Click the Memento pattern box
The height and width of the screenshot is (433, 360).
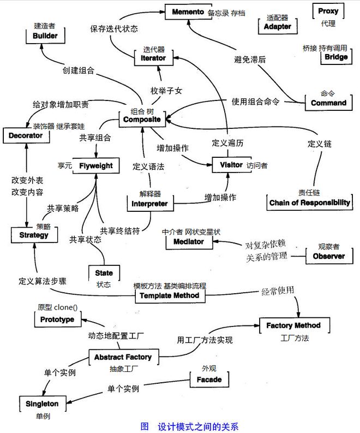click(188, 11)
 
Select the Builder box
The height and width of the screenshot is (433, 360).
click(45, 35)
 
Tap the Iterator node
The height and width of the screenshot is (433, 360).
click(153, 58)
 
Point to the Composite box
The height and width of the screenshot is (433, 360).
click(142, 119)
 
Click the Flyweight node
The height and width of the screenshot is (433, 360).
click(95, 165)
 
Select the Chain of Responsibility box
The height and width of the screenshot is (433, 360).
click(309, 203)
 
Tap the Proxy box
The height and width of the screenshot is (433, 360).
click(328, 11)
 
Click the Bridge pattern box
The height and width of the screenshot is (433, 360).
click(335, 57)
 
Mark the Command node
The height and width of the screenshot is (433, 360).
click(328, 103)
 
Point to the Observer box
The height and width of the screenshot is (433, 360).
click(328, 256)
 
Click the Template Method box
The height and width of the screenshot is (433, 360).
click(170, 295)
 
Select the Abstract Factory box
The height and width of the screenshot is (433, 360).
click(123, 357)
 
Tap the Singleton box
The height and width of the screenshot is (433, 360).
click(42, 404)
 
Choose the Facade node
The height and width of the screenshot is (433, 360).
click(209, 379)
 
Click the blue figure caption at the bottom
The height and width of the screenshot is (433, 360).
click(189, 426)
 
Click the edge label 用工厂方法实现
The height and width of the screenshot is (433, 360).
click(205, 340)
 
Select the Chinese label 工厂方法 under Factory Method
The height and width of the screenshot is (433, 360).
click(295, 338)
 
